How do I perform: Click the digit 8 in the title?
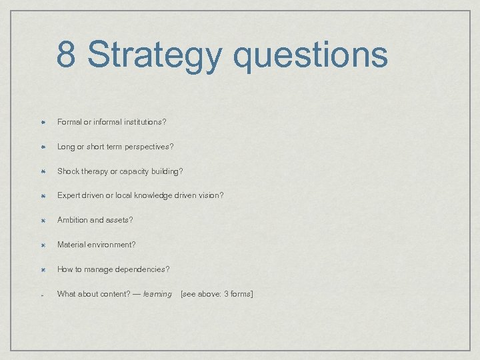click(x=66, y=54)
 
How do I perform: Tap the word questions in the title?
click(x=310, y=55)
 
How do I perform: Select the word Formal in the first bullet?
click(x=69, y=122)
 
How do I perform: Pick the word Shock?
click(x=68, y=171)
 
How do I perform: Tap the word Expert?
click(x=69, y=195)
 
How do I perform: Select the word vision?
click(x=210, y=195)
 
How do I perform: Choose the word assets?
click(x=120, y=220)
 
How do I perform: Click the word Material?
click(x=71, y=245)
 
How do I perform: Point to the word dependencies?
click(x=141, y=269)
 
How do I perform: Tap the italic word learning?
click(x=157, y=294)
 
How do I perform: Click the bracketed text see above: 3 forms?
click(x=217, y=294)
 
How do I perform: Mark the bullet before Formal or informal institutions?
click(x=41, y=122)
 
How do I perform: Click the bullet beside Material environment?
click(x=41, y=245)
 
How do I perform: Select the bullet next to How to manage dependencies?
click(x=41, y=269)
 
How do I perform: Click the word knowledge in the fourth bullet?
click(x=151, y=195)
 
